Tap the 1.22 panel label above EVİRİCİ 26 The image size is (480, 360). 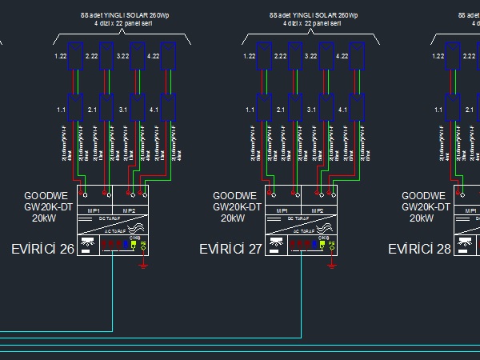tap(60, 56)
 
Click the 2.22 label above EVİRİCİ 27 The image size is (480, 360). tap(279, 56)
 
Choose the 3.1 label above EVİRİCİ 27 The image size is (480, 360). tap(311, 109)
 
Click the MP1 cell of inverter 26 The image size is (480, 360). tap(94, 210)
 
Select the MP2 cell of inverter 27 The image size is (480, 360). tap(318, 210)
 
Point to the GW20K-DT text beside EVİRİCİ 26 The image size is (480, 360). tap(49, 206)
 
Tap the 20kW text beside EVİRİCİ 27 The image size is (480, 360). tap(233, 218)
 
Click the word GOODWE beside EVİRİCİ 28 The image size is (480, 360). tap(418, 195)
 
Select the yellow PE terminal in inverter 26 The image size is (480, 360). tap(143, 246)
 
